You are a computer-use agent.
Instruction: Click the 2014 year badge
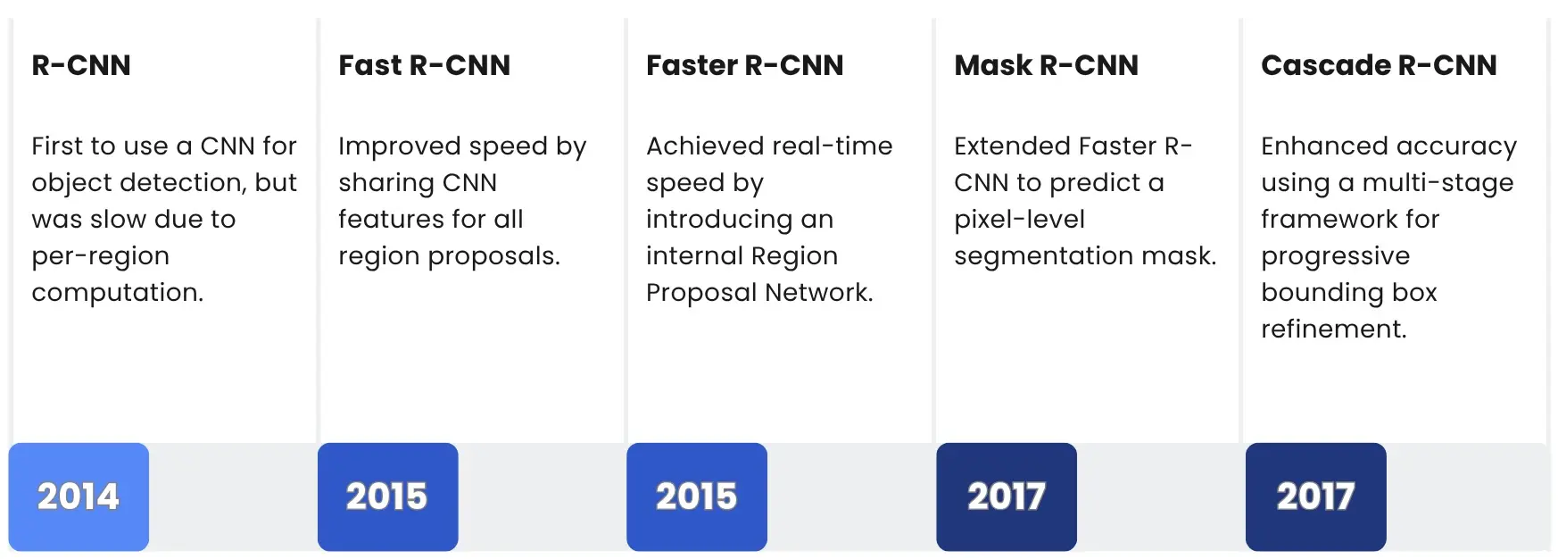click(79, 496)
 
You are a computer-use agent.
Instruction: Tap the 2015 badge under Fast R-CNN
click(387, 496)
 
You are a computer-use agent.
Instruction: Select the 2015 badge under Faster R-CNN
click(697, 496)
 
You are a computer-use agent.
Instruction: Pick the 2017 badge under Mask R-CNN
click(1007, 496)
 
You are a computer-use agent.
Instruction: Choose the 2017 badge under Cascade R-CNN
click(1315, 496)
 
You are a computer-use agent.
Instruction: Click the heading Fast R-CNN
click(425, 65)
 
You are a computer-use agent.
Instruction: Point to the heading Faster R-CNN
click(744, 65)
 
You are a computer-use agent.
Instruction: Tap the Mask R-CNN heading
click(1046, 65)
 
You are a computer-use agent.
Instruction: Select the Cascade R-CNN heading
click(1379, 65)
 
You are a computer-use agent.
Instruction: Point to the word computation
click(117, 293)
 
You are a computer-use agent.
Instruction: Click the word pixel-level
click(1019, 219)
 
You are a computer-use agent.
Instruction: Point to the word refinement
click(1333, 330)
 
